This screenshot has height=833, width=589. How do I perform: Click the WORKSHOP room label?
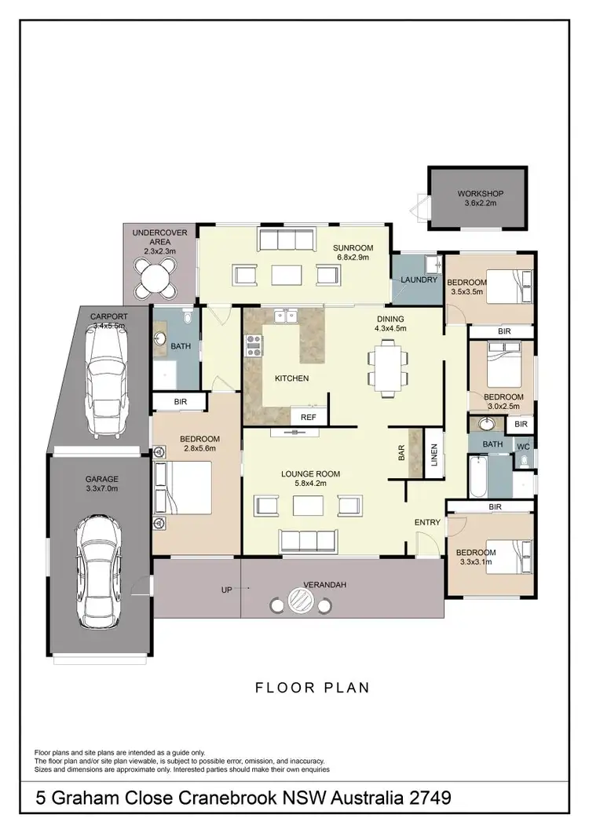point(480,194)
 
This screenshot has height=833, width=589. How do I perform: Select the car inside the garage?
point(101,572)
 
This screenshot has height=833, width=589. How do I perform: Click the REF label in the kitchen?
point(308,417)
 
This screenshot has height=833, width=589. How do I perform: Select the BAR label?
point(401,454)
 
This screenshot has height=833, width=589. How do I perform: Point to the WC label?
point(523,446)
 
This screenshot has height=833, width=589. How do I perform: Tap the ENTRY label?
point(426,521)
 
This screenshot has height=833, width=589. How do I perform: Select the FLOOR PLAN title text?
point(312,688)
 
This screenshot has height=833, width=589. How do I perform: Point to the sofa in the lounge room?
point(308,539)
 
